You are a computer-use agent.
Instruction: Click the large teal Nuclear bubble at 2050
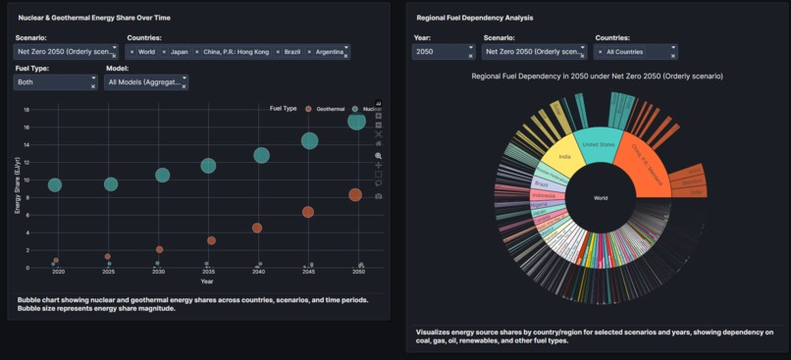[x=356, y=120]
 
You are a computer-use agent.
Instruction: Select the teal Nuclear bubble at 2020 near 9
[x=55, y=184]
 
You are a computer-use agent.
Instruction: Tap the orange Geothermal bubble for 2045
[x=308, y=212]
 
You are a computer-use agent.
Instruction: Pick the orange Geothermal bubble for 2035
[x=211, y=240]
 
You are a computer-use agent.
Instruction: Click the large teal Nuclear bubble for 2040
[x=262, y=155]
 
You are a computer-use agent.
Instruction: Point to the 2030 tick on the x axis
[x=158, y=272]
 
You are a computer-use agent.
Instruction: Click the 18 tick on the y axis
[x=27, y=110]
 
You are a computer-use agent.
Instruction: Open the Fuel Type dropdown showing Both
[x=55, y=83]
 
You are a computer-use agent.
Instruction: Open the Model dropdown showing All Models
[x=145, y=83]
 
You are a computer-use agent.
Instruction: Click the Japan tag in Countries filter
[x=180, y=52]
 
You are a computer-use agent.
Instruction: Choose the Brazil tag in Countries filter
[x=290, y=52]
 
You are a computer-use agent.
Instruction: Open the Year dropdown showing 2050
[x=442, y=52]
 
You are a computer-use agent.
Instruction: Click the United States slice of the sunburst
[x=598, y=146]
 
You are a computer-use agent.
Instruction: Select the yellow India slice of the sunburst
[x=564, y=157]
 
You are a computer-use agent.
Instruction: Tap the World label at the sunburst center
[x=601, y=198]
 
